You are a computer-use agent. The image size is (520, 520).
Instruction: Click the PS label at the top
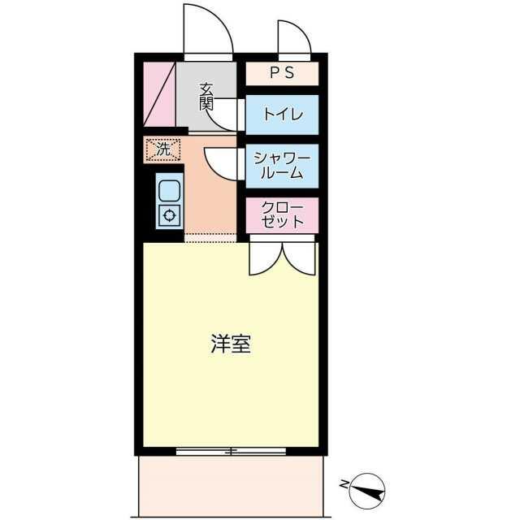click(282, 74)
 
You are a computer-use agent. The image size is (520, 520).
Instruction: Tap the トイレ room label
click(282, 115)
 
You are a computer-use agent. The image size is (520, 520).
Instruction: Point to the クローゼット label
click(282, 214)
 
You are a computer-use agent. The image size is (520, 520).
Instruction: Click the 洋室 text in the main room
click(231, 344)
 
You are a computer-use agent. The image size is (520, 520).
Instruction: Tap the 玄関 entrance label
click(206, 97)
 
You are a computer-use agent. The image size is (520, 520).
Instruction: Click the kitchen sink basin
click(170, 191)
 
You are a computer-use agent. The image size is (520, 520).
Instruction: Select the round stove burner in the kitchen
click(170, 215)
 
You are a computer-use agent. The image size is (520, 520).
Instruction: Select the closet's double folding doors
click(282, 257)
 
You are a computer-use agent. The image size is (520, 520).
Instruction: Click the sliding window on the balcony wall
click(231, 451)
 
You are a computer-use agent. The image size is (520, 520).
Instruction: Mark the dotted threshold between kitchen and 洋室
click(210, 238)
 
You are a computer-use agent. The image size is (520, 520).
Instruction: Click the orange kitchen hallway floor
click(210, 199)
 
